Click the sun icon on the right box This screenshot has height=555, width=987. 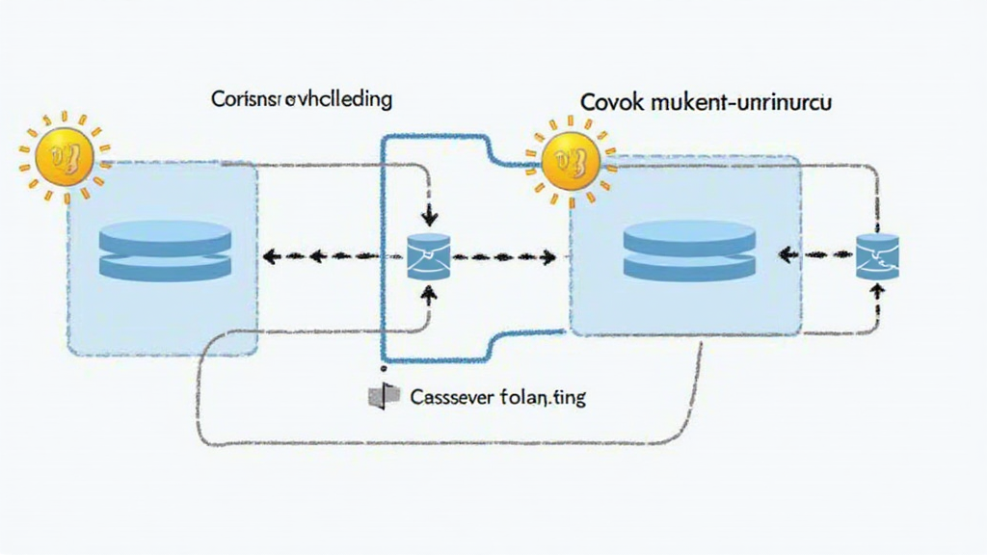(x=564, y=162)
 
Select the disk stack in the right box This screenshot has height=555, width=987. (x=688, y=250)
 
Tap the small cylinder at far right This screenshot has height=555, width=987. (x=877, y=255)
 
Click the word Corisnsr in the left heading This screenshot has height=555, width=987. (x=244, y=99)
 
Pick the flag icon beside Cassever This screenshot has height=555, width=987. (x=379, y=396)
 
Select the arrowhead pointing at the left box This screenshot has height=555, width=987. (x=271, y=257)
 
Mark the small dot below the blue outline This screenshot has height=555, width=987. (x=385, y=367)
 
